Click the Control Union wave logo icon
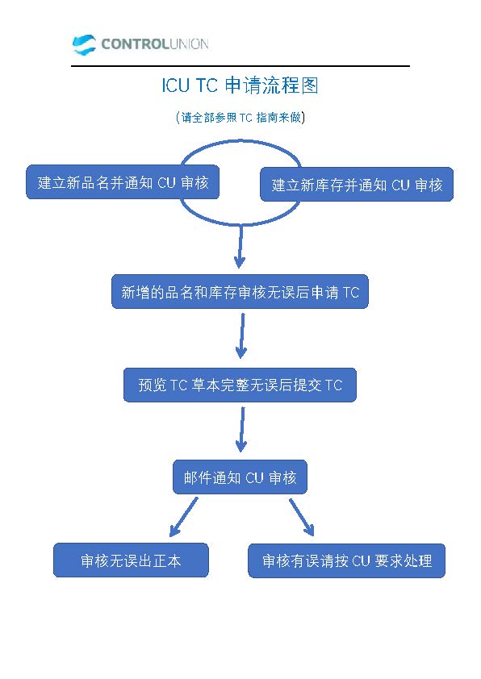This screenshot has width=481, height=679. pos(84,44)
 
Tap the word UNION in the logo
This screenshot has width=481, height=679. pos(189,44)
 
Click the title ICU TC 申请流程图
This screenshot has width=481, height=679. pos(240,85)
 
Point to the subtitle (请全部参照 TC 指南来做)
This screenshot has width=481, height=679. pos(240,118)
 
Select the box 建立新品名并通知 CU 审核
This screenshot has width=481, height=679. pos(123,182)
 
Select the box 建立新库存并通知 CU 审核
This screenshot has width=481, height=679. pos(357,185)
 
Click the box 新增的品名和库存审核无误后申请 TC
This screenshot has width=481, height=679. pos(240,291)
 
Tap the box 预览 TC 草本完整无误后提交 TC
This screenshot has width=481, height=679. pos(240,385)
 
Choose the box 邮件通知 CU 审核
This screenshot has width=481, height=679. pos(240,477)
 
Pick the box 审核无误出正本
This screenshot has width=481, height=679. pos(131,560)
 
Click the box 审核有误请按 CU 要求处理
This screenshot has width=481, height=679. pos(347,560)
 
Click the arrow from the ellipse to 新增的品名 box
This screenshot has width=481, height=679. pos(240,247)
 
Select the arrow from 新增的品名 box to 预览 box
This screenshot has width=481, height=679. pos(242,336)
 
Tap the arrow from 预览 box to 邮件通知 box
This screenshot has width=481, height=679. pos(242,430)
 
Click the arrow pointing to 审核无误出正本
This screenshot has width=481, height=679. pos(184,517)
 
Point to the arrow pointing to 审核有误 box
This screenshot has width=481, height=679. pos(302,518)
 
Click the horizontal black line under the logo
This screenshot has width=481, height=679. pos(240,66)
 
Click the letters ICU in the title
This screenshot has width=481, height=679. pos(175,85)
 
